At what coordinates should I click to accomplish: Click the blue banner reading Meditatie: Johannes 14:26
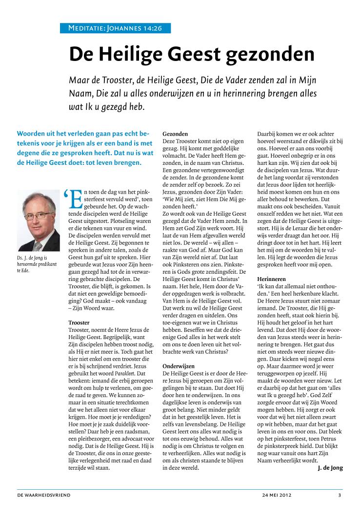pyautogui.click(x=115, y=28)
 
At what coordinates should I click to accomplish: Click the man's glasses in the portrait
pyautogui.click(x=38, y=214)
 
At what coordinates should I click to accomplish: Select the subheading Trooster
pyautogui.click(x=78, y=322)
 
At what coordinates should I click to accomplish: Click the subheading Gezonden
pyautogui.click(x=175, y=133)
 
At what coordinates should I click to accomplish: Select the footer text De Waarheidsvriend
pyautogui.click(x=44, y=495)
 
